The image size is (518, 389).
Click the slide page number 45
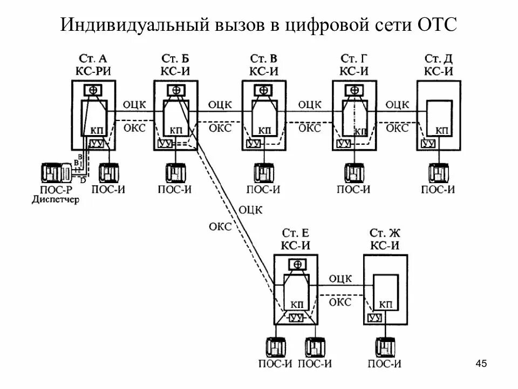coord(481,364)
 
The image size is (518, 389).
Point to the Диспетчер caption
coord(55,199)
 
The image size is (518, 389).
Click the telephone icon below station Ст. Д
coord(439,172)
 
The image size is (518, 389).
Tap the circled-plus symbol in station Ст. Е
coord(297,264)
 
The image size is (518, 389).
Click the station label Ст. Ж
coord(385,233)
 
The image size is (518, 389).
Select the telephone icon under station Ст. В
coord(262,172)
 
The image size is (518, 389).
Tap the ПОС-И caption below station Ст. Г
coord(353,189)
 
